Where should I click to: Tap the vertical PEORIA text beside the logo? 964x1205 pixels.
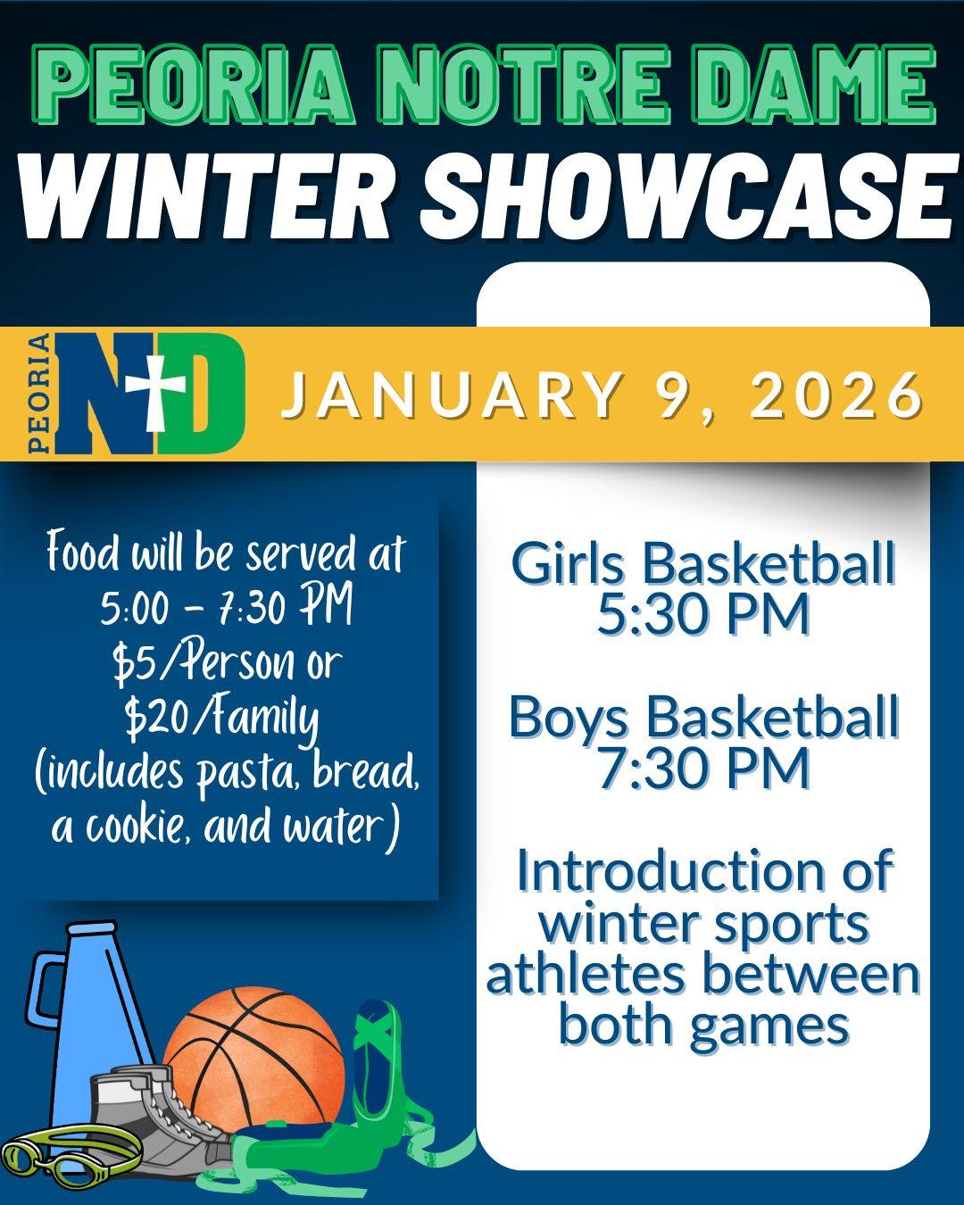click(40, 393)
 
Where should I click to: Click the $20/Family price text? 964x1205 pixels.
click(221, 721)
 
